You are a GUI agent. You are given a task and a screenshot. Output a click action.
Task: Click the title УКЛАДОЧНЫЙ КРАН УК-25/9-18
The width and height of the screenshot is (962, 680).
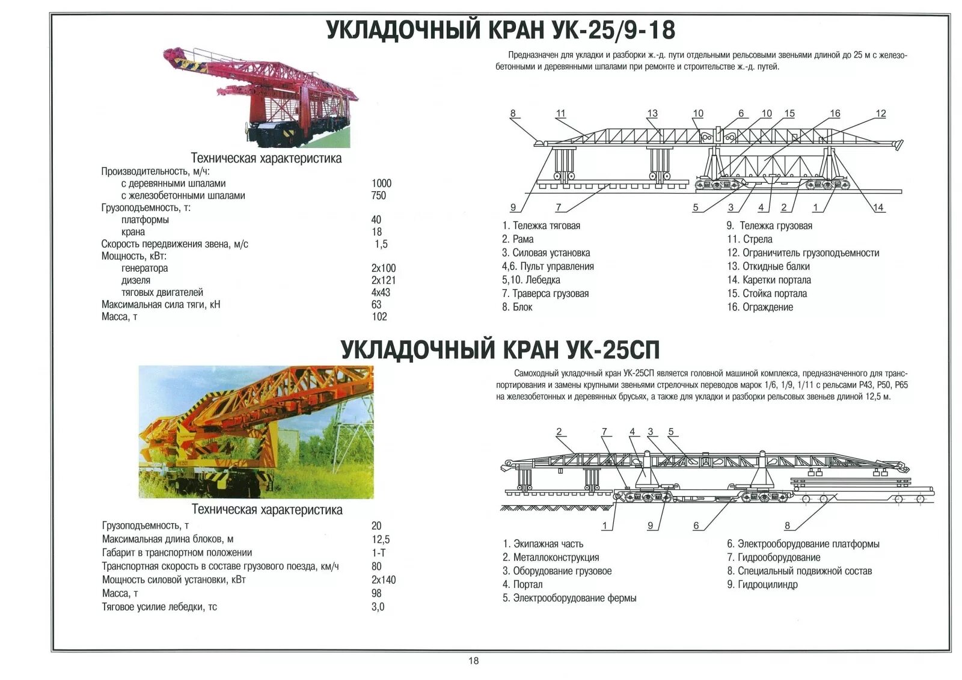pos(501,30)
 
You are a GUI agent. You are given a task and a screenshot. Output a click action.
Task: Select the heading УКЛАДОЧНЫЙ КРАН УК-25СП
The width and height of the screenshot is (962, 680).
pos(500,349)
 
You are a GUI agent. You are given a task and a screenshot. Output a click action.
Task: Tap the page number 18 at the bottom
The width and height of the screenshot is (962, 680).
pos(474,661)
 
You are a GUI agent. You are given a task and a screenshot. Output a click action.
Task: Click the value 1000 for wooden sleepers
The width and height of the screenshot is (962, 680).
pos(381,183)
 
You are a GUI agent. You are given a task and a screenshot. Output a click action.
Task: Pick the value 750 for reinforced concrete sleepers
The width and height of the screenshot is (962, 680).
pos(379,195)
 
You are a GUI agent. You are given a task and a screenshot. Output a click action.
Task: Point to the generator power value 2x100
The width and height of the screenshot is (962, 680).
pos(384,268)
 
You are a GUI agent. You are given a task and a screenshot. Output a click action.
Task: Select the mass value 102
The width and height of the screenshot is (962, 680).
pos(379,317)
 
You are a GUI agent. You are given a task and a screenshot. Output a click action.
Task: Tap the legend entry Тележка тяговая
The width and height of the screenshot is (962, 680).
pos(542,226)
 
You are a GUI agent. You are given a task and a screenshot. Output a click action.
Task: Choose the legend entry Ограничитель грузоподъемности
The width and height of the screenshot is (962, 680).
pos(803,253)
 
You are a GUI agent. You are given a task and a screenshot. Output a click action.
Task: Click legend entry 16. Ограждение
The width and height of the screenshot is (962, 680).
pos(760,307)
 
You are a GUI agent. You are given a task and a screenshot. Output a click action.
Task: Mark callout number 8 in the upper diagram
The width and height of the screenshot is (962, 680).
pos(513,114)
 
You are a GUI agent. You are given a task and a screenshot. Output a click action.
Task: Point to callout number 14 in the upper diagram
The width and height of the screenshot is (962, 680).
pos(878,207)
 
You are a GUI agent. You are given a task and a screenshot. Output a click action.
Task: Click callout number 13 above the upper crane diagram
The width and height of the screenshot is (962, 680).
pos(652,114)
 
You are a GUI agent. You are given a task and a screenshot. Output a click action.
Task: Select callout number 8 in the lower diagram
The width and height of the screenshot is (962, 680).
pos(787,526)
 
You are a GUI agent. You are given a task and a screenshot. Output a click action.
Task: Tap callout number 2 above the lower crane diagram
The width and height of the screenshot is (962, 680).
pos(559,432)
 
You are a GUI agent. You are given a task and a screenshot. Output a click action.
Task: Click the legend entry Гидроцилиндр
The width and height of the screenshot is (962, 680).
pos(762,584)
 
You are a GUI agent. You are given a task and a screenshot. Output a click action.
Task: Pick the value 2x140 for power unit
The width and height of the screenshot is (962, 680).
pos(384,580)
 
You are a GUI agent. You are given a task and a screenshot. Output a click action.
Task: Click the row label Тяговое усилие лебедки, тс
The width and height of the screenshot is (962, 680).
pos(159,607)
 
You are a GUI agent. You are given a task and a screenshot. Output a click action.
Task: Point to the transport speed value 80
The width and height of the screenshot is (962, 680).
pos(377,566)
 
